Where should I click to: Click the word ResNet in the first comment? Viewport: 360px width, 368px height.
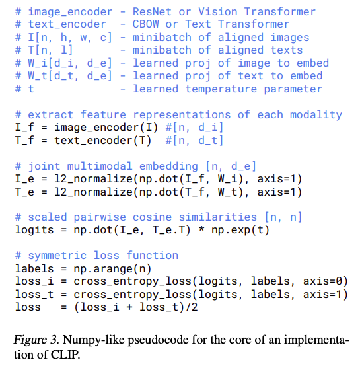coord(152,11)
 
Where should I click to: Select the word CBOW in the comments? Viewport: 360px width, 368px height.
coord(145,24)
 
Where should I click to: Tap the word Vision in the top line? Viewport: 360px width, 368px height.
coord(217,11)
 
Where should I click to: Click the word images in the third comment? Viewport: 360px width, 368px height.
coord(290,37)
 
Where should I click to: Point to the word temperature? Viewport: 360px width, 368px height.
coord(221,89)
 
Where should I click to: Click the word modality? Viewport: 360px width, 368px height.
coord(316,115)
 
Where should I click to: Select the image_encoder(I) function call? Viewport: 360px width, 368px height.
coord(106,128)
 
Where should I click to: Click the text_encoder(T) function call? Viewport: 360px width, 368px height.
coord(103,141)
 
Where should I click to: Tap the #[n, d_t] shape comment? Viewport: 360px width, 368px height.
coord(194,141)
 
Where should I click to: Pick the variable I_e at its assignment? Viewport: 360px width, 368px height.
coord(24,179)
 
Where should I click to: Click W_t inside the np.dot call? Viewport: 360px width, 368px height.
coord(227,192)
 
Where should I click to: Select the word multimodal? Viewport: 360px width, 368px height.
coord(100,166)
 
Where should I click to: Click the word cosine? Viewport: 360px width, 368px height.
coord(152,217)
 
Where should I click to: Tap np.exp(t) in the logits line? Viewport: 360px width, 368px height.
coord(240,230)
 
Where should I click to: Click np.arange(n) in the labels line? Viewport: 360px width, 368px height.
coord(112,269)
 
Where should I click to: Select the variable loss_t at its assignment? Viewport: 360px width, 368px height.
coord(34,295)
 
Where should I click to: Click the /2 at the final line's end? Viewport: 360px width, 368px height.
coord(192,307)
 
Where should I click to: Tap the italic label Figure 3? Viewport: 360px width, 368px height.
coord(36,340)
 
